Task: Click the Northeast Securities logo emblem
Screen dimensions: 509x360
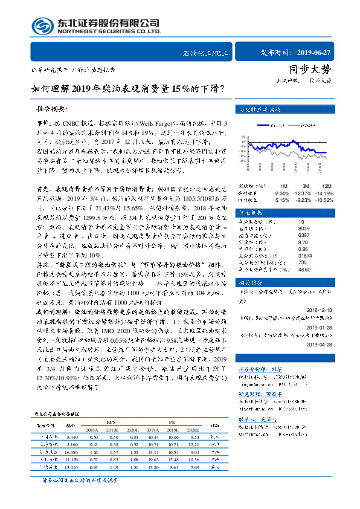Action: pyautogui.click(x=43, y=26)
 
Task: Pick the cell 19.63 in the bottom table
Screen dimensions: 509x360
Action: pyautogui.click(x=153, y=459)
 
